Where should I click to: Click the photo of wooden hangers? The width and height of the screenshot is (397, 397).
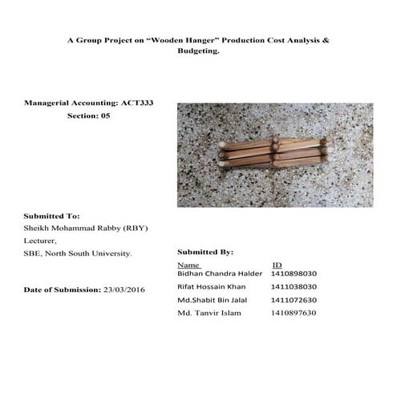tap(275, 155)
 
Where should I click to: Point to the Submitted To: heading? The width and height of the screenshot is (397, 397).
tap(51, 217)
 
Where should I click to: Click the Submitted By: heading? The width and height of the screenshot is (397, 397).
tap(205, 252)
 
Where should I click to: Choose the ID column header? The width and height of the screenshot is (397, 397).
tap(277, 264)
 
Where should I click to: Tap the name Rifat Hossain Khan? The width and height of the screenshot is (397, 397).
tap(213, 286)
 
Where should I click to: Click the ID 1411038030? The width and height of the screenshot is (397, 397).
tap(294, 286)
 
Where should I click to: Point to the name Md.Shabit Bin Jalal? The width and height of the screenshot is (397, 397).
tap(213, 299)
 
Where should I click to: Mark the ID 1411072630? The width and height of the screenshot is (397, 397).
tap(294, 299)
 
